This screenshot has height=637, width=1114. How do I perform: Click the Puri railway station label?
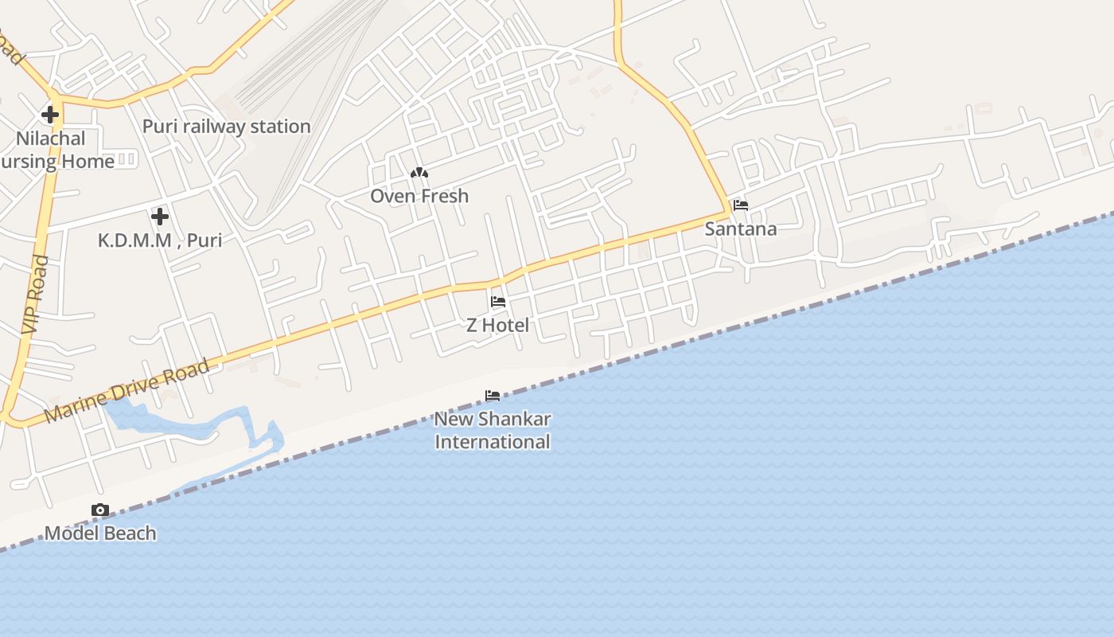(x=226, y=127)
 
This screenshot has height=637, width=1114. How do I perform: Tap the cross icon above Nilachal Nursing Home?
(x=50, y=115)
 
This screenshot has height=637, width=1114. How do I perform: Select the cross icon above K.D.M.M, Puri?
(x=160, y=216)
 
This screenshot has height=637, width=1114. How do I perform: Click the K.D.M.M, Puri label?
(x=160, y=240)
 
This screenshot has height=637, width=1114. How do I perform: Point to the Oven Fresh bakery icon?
(x=419, y=173)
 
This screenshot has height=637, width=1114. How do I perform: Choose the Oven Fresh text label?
(x=419, y=196)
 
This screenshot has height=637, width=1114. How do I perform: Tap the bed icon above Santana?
(x=741, y=205)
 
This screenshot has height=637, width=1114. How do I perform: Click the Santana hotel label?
(x=741, y=229)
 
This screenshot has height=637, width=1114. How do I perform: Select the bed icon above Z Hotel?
(x=498, y=302)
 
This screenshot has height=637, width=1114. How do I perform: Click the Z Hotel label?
(x=497, y=325)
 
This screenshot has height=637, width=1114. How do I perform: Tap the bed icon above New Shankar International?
(x=493, y=395)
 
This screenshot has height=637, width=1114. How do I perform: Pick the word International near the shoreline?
(x=493, y=442)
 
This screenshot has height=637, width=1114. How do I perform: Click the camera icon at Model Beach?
(x=99, y=510)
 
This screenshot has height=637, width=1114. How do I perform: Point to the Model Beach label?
(x=100, y=533)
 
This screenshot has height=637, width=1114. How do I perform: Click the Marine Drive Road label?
(x=127, y=391)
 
